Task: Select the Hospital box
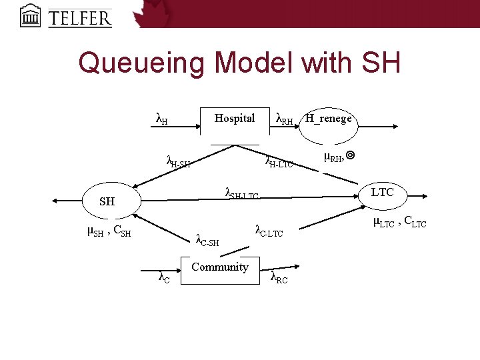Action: [234, 125]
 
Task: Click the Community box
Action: [219, 268]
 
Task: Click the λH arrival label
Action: [161, 119]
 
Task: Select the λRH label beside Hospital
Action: [284, 119]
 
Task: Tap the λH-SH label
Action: [177, 161]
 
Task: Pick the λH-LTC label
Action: [279, 161]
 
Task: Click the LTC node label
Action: [382, 192]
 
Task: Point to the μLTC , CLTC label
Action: [399, 222]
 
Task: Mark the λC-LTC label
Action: [269, 231]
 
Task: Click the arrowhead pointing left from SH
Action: [55, 201]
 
